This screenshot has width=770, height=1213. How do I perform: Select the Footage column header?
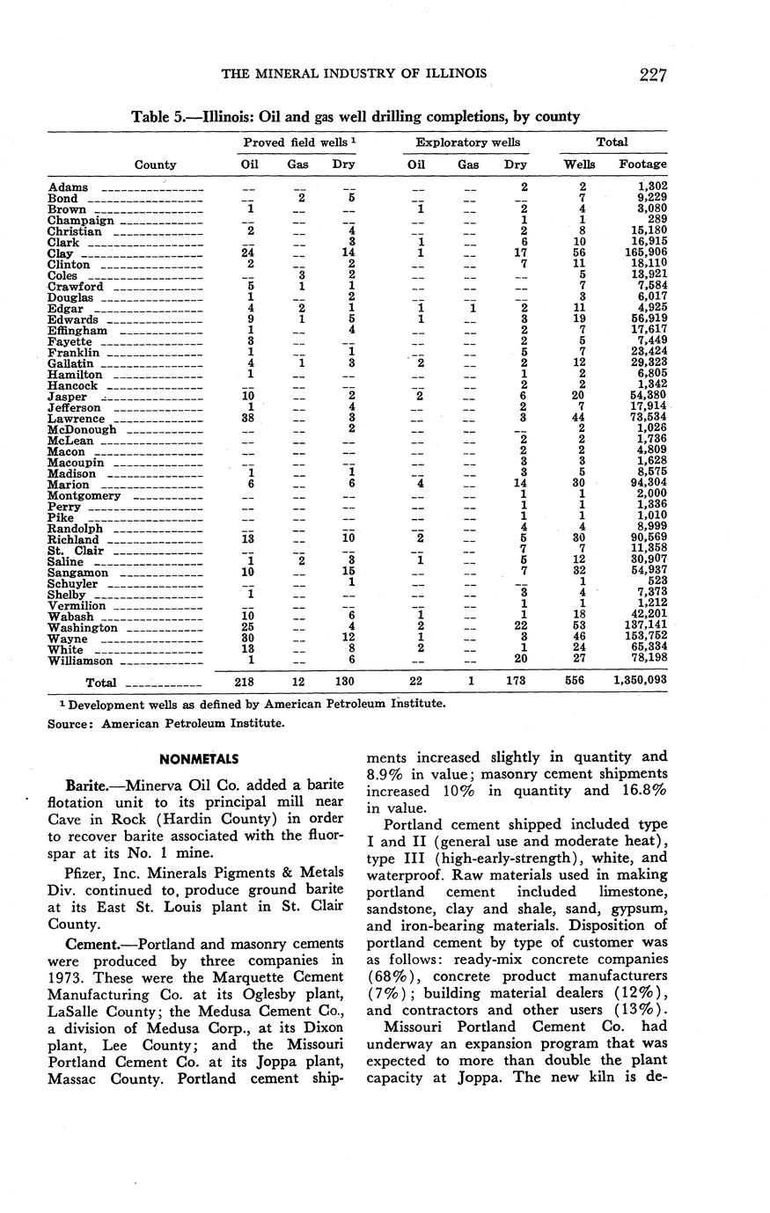(642, 164)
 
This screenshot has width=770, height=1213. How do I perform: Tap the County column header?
(155, 164)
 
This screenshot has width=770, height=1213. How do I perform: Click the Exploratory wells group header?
(467, 142)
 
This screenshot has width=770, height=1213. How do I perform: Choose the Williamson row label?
(80, 661)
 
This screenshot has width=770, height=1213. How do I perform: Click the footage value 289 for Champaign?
(655, 221)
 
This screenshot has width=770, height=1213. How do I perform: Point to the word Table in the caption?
(150, 117)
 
